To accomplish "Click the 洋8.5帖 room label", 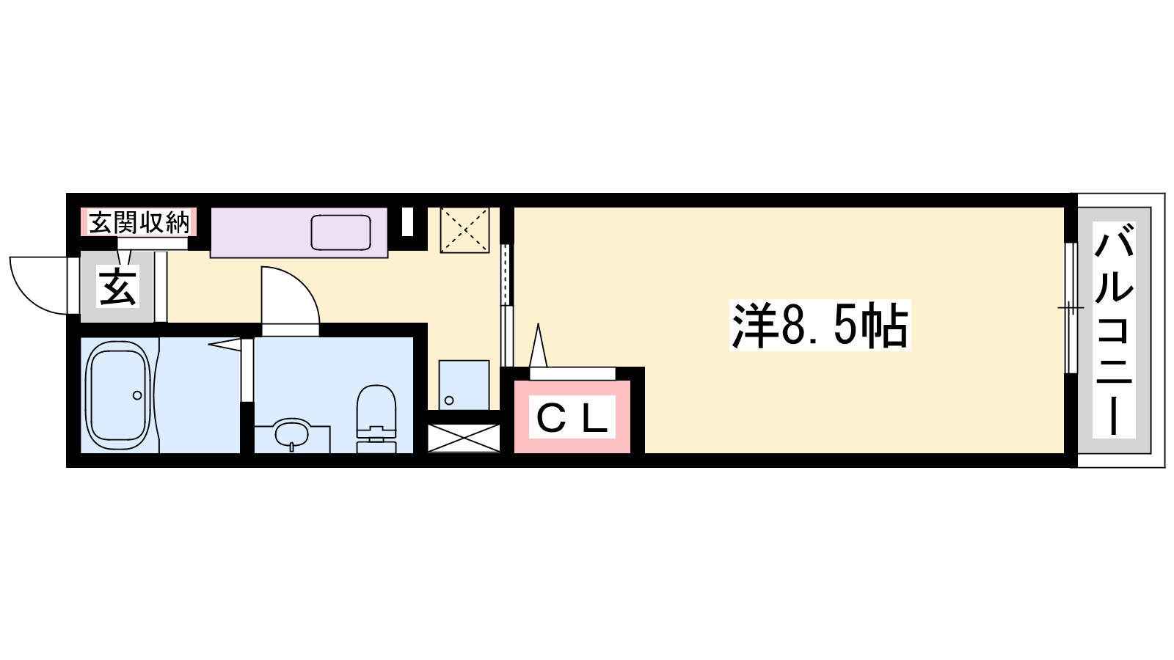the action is [x=820, y=326].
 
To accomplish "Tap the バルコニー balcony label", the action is [x=1114, y=330].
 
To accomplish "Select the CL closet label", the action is [x=572, y=417].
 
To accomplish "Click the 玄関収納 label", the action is [x=139, y=223].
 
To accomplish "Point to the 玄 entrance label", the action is [x=118, y=286].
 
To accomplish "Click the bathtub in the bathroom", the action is [x=118, y=396].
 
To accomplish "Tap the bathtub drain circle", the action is [x=137, y=395].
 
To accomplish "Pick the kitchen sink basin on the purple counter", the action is [x=340, y=232].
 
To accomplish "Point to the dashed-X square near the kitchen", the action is [x=464, y=230].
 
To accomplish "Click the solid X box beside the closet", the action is [x=463, y=438].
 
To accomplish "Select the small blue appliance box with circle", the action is [x=464, y=385].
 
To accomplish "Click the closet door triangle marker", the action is [x=539, y=345].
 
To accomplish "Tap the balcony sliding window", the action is [x=1071, y=308].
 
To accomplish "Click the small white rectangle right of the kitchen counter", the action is [x=407, y=222].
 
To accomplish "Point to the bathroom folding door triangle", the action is [x=225, y=344].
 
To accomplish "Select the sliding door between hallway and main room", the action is [x=506, y=305].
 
